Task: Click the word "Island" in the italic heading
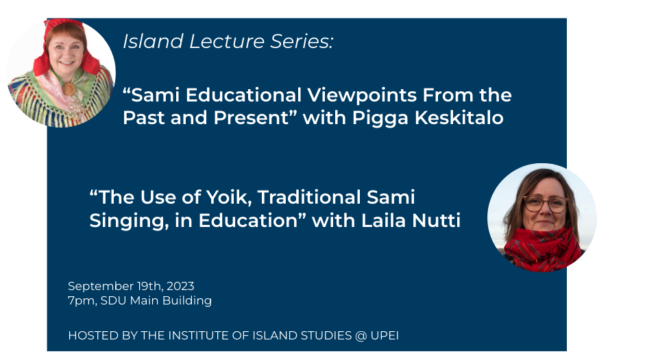(153, 41)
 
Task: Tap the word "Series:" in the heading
(302, 41)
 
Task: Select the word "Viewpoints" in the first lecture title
(363, 96)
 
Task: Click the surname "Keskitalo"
(459, 118)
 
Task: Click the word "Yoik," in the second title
(228, 197)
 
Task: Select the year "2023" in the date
(180, 286)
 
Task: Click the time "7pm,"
(82, 301)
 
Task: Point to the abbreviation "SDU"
(113, 300)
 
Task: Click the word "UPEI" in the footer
(385, 335)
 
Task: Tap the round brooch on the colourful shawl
(69, 88)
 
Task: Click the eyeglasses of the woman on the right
(546, 204)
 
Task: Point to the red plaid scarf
(543, 248)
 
